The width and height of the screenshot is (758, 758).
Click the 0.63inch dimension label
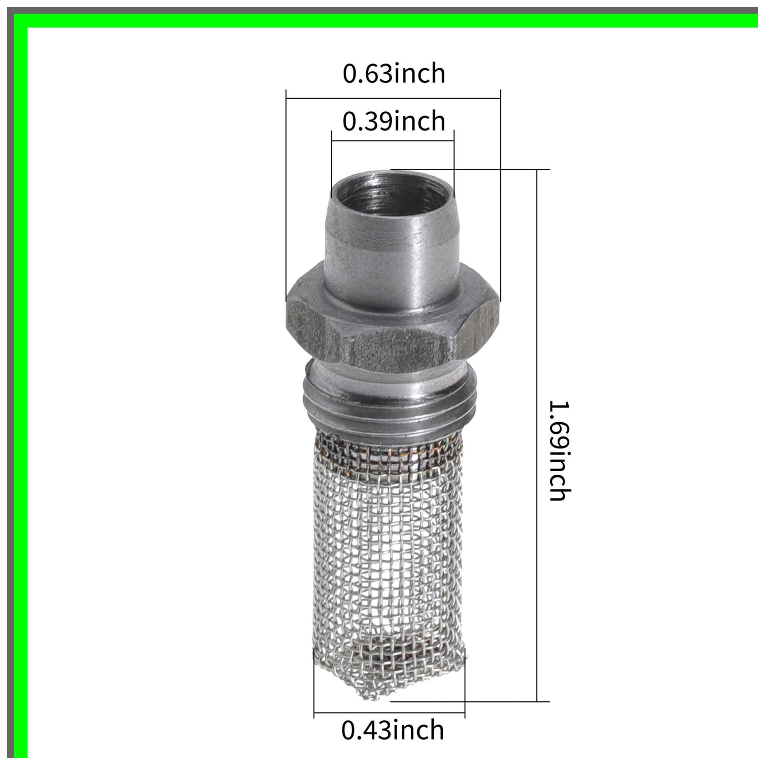393,73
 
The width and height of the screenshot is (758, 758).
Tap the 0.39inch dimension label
393,122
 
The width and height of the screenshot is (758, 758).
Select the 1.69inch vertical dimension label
558,451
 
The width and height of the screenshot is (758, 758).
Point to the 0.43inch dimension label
392,730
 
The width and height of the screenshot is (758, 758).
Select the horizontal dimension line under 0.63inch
393,97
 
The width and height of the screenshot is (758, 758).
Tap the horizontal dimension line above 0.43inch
389,713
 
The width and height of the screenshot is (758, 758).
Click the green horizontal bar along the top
388,20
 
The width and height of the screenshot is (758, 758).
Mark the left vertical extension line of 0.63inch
286,194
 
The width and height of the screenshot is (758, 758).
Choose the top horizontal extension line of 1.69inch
472,169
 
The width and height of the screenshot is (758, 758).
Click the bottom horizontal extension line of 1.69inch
472,701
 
